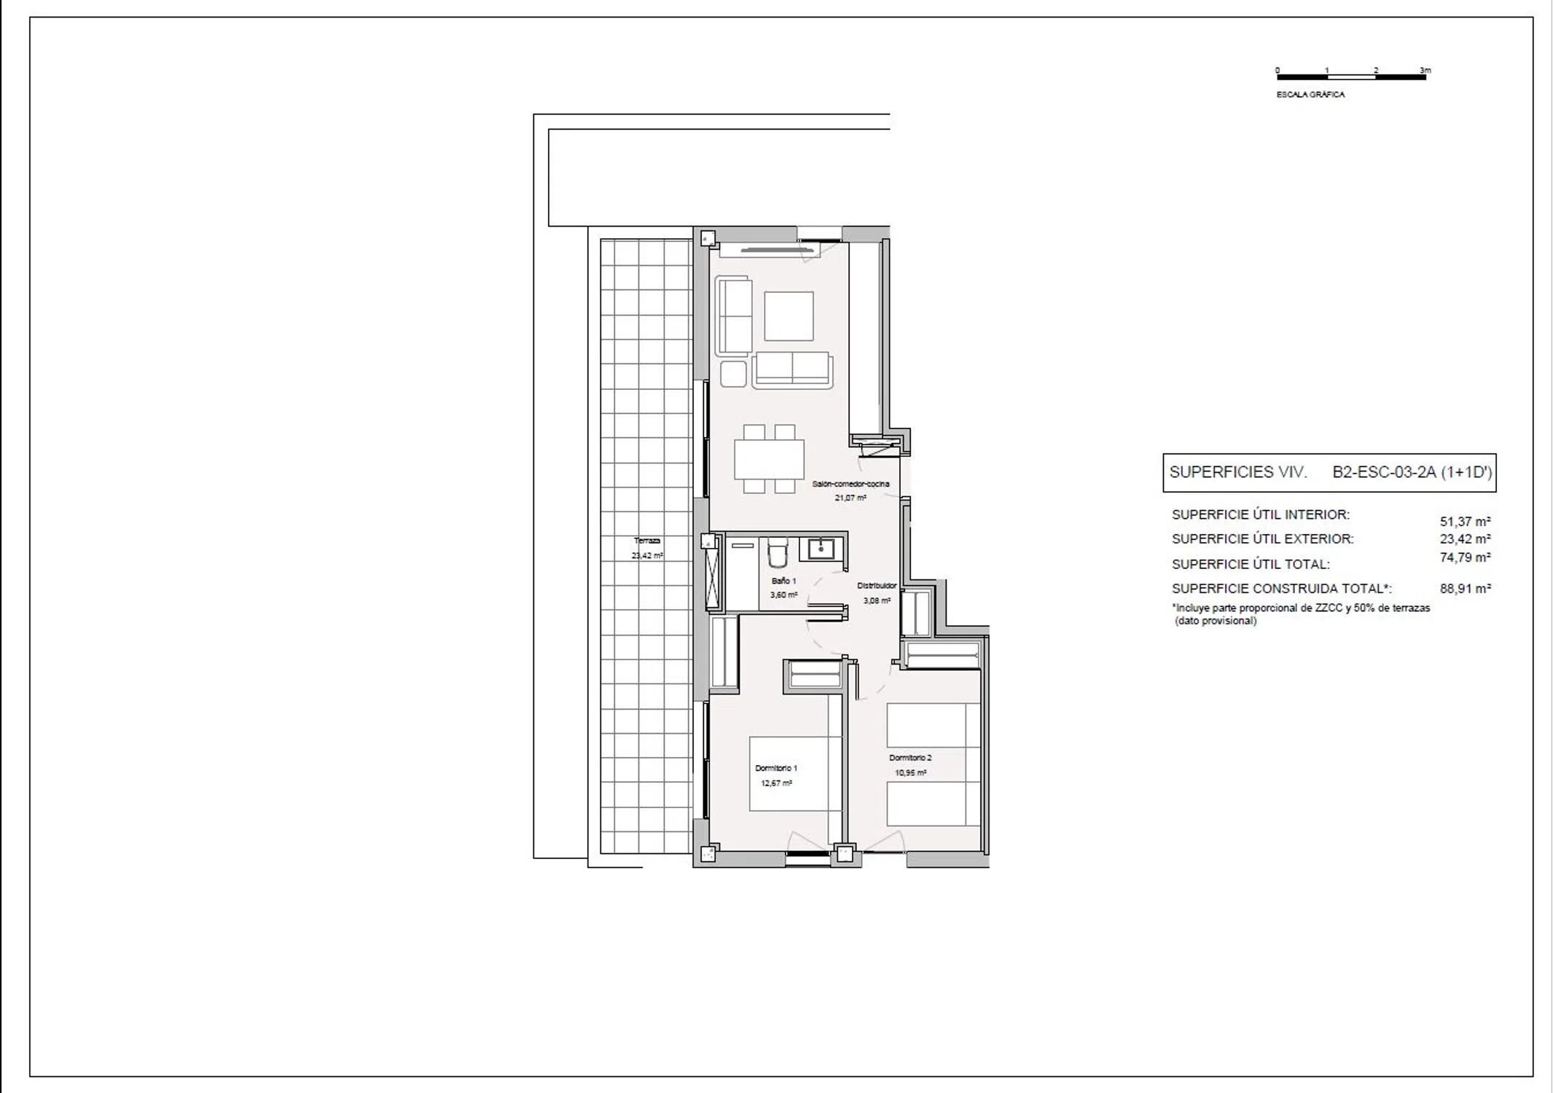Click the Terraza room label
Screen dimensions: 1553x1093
(647, 541)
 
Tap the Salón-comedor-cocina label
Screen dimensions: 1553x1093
(850, 484)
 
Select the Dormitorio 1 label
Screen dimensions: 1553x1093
(776, 768)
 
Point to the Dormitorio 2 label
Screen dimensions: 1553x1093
(910, 758)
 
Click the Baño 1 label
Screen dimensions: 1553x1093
(784, 581)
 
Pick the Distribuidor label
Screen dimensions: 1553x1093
(877, 585)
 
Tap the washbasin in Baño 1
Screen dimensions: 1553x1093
(821, 549)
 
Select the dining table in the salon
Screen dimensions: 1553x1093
(769, 459)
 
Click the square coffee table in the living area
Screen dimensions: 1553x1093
(789, 316)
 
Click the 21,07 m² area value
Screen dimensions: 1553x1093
(850, 498)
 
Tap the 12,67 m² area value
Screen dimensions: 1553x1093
(776, 783)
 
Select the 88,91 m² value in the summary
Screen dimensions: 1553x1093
(1465, 589)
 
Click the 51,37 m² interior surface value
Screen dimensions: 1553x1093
(1465, 522)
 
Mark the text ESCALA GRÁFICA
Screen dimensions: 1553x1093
(1310, 95)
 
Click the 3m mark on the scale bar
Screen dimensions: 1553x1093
(1425, 71)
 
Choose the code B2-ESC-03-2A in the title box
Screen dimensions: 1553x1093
(1384, 472)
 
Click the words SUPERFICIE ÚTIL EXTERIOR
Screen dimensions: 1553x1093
(1262, 539)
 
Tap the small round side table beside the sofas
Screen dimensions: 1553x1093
(733, 374)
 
